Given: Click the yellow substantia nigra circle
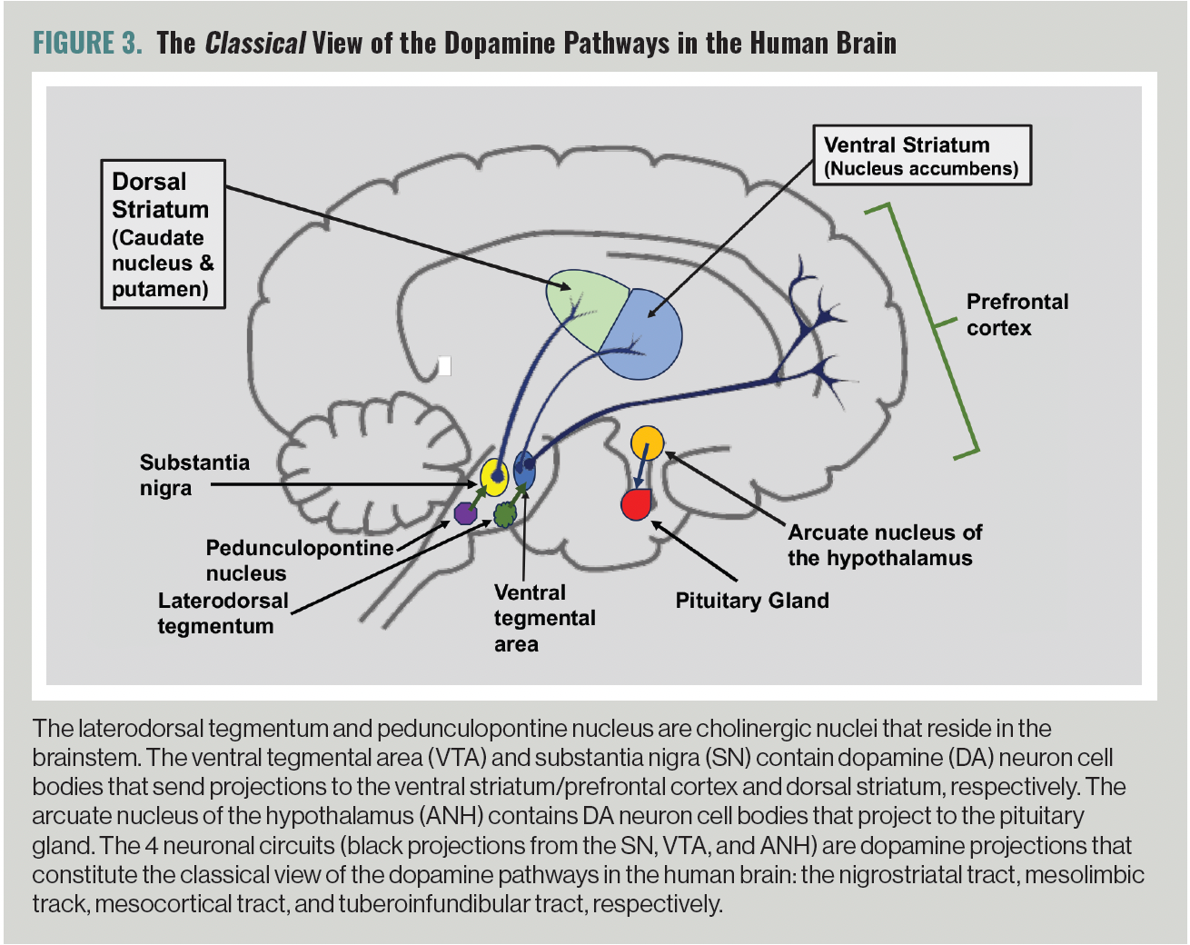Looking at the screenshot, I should [494, 476].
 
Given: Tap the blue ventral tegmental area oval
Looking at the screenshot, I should [524, 471].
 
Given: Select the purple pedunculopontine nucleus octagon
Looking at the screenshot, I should [466, 512].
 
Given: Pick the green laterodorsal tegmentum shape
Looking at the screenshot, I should [505, 515].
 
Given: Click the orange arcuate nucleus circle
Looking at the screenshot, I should [648, 443].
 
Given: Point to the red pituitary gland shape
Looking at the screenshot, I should [636, 504].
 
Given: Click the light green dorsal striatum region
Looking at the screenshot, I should [581, 304].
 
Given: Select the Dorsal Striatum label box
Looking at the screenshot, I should [163, 234].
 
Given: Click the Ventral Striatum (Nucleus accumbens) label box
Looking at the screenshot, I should [921, 155].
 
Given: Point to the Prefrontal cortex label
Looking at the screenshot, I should [1016, 314].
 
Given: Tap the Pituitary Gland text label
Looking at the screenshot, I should [752, 601].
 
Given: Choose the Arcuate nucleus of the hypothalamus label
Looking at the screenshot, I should [884, 545].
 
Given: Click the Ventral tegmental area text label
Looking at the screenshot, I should [543, 618].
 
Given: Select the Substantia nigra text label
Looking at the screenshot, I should [193, 474].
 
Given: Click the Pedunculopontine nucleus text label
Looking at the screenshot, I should [298, 560].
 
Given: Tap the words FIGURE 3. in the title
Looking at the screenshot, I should [87, 43].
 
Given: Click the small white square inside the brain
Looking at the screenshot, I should [444, 365].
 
